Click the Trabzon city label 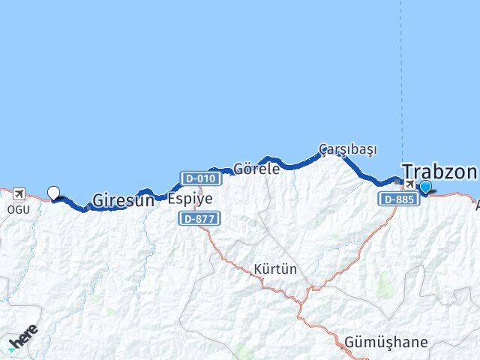(x=439, y=172)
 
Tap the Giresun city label (x=123, y=200)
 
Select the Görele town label (x=256, y=169)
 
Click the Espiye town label (x=190, y=199)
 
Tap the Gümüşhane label (x=386, y=342)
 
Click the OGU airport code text (x=19, y=209)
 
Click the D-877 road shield (x=199, y=218)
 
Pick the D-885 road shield (x=397, y=199)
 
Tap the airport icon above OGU (x=19, y=193)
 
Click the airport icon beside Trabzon (x=410, y=184)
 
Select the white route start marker (x=53, y=193)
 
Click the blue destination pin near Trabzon (x=426, y=187)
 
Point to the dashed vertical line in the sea (x=400, y=75)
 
